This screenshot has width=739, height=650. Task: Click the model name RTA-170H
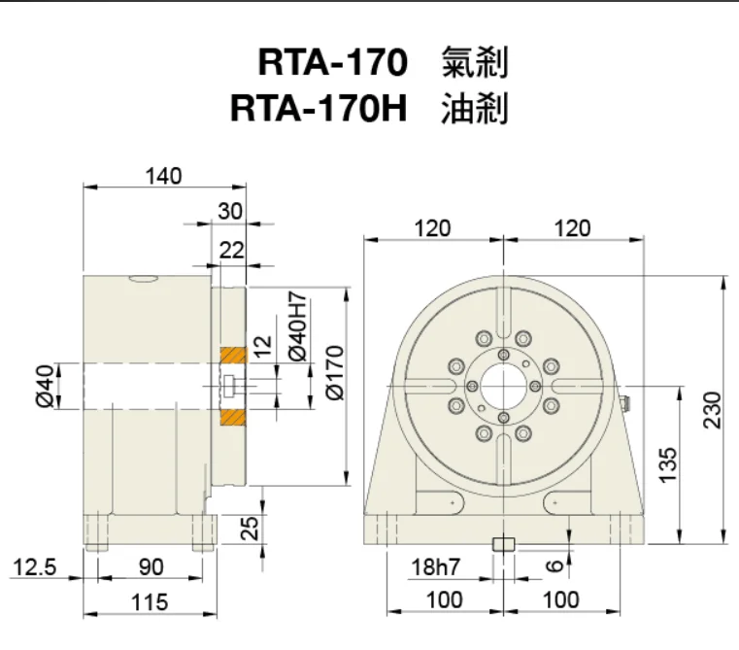tap(317, 107)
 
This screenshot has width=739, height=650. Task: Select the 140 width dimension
tap(164, 176)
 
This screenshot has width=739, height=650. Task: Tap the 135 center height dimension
tap(664, 465)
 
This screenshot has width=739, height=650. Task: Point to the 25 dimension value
tap(251, 528)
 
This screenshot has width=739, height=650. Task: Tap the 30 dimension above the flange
tap(230, 211)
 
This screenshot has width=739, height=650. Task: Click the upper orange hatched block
tap(232, 355)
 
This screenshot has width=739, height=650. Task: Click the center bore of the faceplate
tap(503, 386)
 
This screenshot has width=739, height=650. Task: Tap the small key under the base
tap(503, 544)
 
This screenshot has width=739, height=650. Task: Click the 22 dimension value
tap(230, 250)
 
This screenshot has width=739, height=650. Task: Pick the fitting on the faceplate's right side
tap(624, 399)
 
